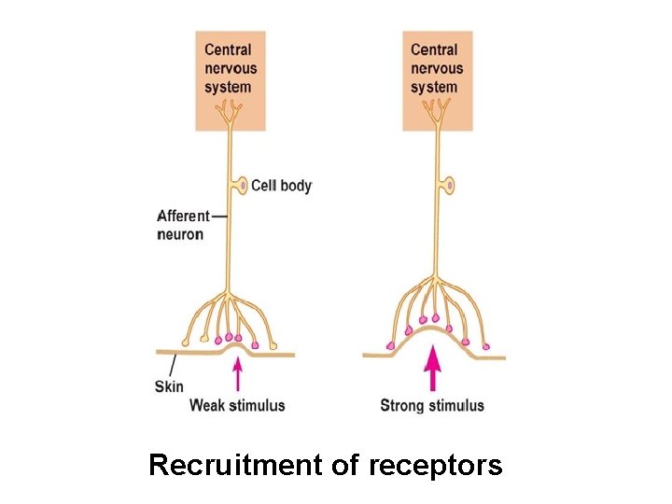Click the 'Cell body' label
point(281,186)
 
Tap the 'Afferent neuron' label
point(183,225)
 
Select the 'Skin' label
point(168,385)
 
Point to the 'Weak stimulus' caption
point(237,405)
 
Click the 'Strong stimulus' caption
point(432,405)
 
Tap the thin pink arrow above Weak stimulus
point(237,375)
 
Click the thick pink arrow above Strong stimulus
point(431,369)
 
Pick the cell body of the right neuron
point(449,186)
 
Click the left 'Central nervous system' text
point(230,67)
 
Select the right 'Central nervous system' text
point(437,67)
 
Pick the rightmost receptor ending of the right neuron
point(485,346)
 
